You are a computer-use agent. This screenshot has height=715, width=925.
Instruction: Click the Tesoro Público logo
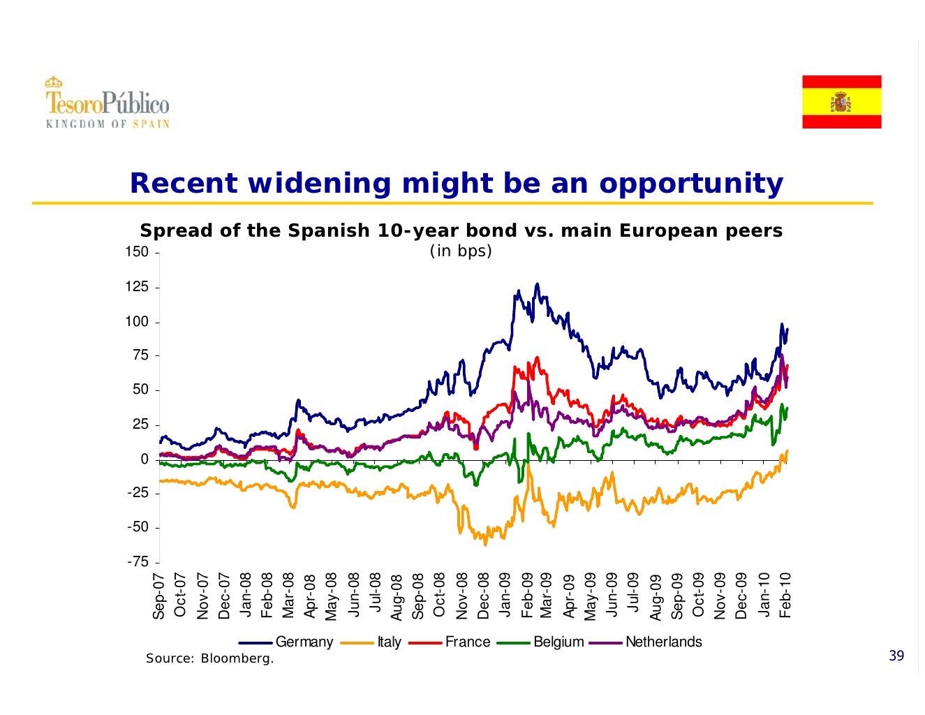click(x=108, y=103)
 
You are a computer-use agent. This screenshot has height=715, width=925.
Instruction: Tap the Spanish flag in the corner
click(x=841, y=102)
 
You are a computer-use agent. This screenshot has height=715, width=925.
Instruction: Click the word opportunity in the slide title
click(x=690, y=183)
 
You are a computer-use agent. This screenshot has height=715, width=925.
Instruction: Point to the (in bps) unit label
click(x=461, y=251)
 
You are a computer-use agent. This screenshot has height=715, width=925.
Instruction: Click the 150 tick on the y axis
click(x=137, y=252)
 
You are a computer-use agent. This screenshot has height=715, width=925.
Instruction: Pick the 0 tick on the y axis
click(x=145, y=459)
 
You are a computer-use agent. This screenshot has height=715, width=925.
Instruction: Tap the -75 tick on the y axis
click(x=138, y=562)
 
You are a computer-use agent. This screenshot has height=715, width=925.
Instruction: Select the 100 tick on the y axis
click(x=137, y=322)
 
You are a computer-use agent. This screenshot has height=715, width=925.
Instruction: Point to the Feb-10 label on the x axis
click(x=785, y=595)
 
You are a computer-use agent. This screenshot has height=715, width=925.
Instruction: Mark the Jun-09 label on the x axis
click(x=612, y=595)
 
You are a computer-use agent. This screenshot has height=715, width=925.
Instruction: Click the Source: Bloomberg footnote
click(x=209, y=658)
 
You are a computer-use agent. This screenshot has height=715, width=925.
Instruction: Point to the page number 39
click(x=896, y=656)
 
